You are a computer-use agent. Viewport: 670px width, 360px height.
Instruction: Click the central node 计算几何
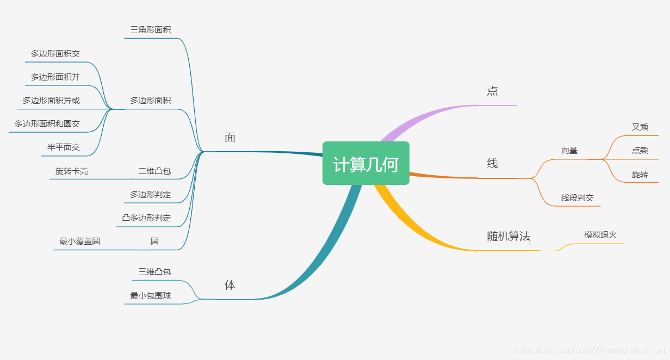point(365,164)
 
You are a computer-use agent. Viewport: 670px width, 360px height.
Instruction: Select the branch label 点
point(492,91)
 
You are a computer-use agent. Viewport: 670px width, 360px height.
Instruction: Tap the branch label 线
point(492,164)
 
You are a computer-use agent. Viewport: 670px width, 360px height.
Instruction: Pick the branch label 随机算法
point(508,236)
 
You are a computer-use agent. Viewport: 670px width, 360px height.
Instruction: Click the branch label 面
point(230,138)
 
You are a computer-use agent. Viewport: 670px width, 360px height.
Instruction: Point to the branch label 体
point(230,285)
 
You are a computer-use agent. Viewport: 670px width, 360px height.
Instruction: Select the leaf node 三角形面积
point(151,29)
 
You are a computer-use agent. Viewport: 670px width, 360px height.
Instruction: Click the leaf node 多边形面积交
point(55,53)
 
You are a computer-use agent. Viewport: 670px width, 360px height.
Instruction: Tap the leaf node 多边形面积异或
point(51,100)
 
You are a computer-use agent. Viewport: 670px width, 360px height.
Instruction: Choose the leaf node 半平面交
point(64,147)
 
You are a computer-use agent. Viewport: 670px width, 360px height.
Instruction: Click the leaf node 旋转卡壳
point(72,171)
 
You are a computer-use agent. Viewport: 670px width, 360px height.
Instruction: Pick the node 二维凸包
point(154,171)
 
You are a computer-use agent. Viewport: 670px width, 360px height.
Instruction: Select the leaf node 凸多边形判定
point(146,218)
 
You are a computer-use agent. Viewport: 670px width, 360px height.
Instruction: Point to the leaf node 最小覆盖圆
point(80,241)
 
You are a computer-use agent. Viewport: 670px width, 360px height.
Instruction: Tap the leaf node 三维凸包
point(154,271)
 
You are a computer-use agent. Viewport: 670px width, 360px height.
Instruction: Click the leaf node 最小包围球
point(151,295)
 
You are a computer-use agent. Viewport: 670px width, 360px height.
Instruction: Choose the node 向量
point(569,151)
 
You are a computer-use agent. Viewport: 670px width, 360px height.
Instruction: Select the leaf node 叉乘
point(640,127)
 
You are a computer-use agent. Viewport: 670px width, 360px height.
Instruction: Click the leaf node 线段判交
point(578,198)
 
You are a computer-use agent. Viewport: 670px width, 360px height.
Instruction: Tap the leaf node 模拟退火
point(600,234)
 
